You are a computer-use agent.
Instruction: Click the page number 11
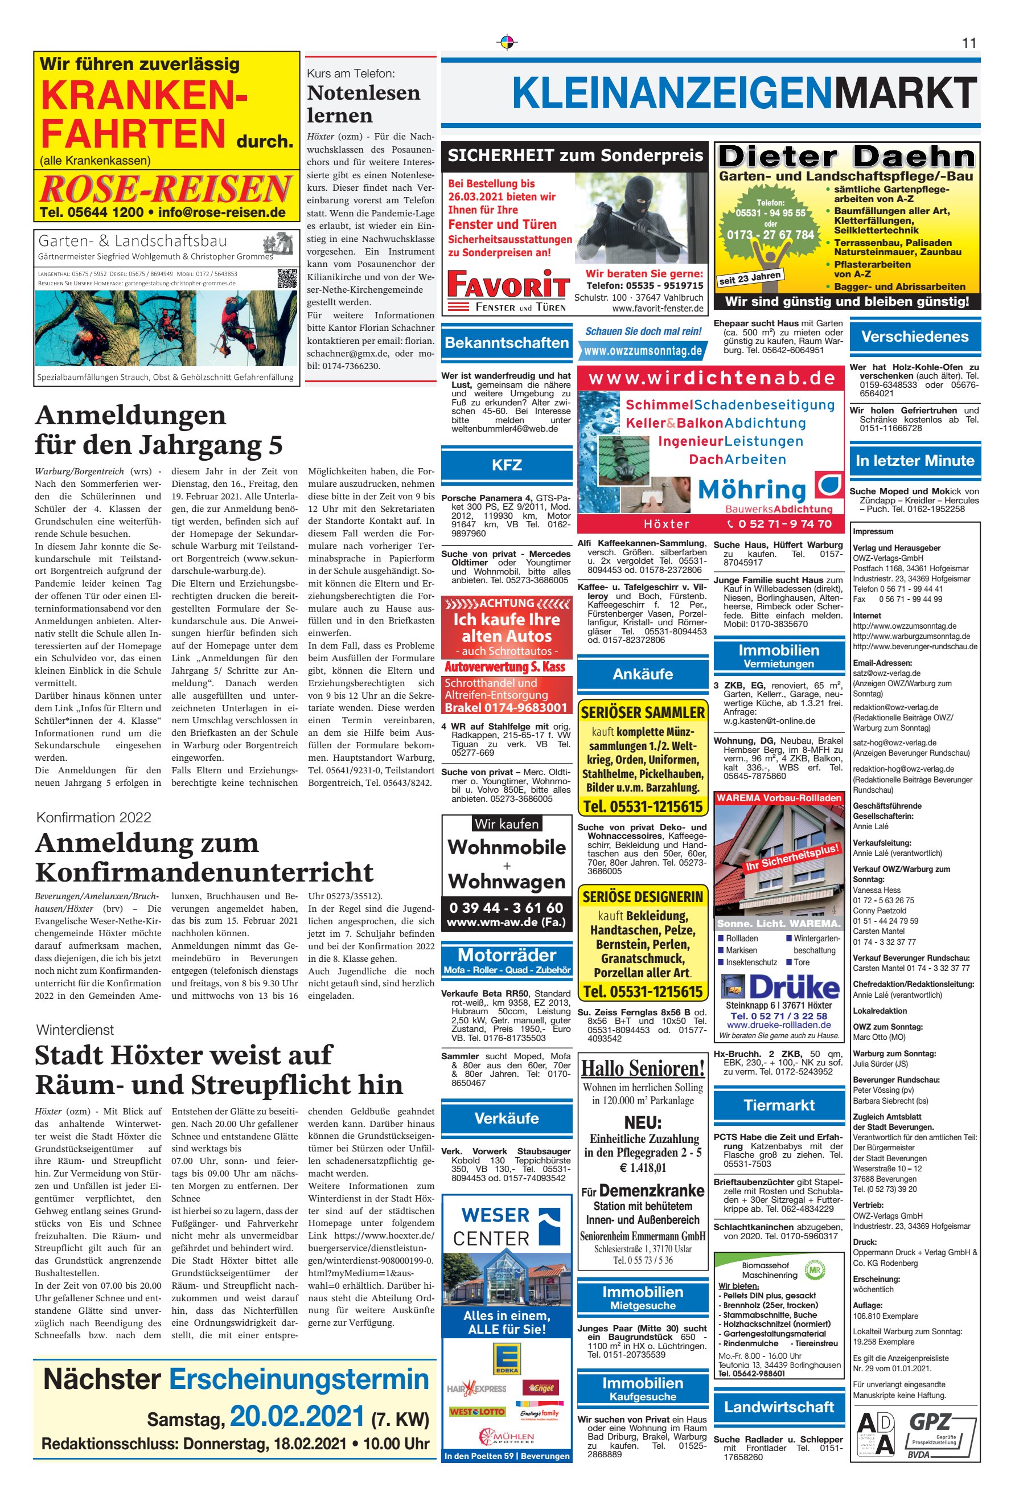[969, 43]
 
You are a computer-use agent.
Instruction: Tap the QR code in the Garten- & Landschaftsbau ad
[287, 278]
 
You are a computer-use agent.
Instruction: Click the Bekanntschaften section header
[507, 342]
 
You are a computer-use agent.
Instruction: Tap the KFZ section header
[507, 465]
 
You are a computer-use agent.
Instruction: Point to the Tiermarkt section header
[779, 1105]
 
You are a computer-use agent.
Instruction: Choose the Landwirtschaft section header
[779, 1407]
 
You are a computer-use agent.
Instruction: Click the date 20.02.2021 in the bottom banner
[297, 1416]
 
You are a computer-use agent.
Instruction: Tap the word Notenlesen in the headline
[364, 93]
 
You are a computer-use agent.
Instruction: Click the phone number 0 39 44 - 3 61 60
[507, 908]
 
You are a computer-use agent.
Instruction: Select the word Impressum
[873, 532]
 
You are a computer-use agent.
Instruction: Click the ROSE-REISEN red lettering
[166, 189]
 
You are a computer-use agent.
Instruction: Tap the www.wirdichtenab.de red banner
[710, 378]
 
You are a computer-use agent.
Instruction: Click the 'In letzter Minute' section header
[915, 461]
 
